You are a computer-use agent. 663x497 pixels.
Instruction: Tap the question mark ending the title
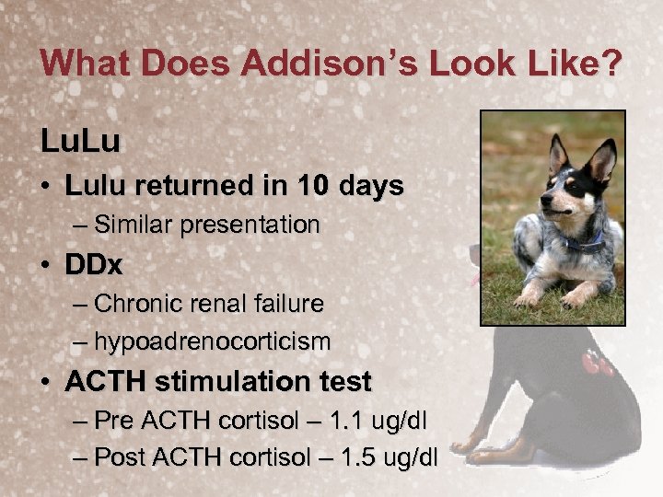(611, 64)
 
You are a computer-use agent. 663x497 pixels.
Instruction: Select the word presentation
(250, 225)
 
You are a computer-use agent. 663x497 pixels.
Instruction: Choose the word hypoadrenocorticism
(213, 341)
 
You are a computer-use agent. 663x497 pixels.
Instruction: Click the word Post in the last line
(114, 457)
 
